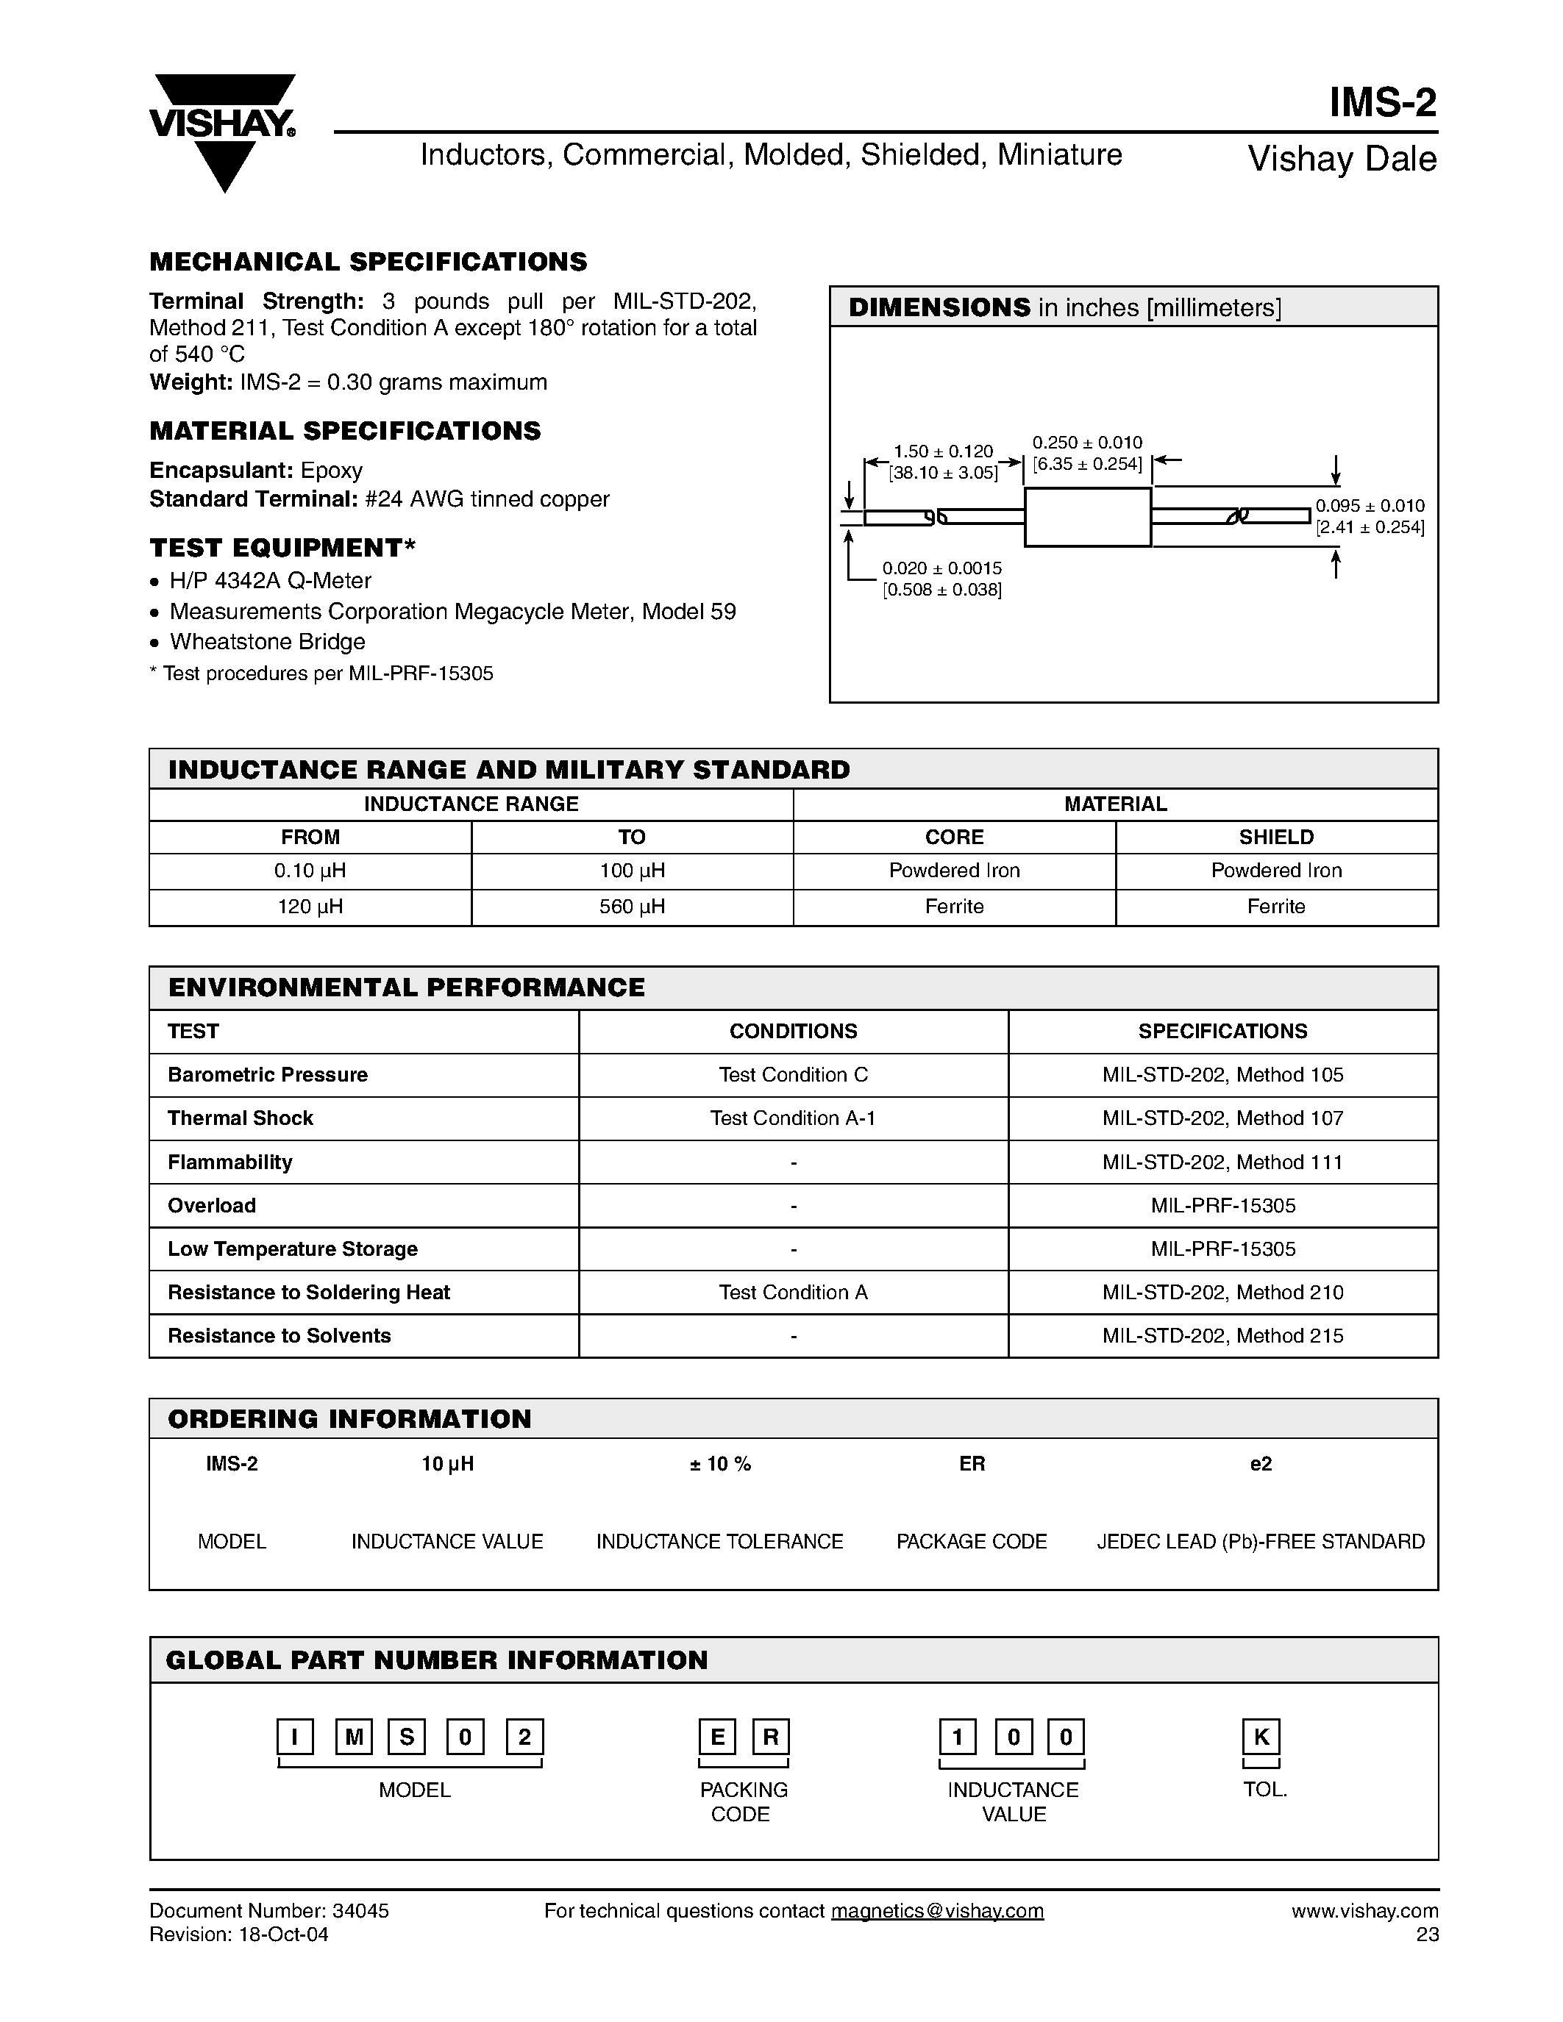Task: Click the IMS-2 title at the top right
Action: click(x=1383, y=103)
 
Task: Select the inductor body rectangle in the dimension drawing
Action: click(x=1087, y=517)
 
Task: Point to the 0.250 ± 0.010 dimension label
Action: click(x=1087, y=443)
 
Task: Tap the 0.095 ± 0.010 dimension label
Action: click(x=1370, y=507)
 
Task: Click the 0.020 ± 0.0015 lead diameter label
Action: click(x=941, y=568)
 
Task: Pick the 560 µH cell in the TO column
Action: click(x=632, y=907)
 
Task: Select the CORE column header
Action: click(x=954, y=837)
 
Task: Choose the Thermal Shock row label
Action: click(x=241, y=1118)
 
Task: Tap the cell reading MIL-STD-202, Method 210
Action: click(x=1222, y=1293)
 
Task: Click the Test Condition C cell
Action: click(x=794, y=1075)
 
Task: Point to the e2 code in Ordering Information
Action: click(x=1260, y=1464)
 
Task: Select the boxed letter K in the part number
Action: click(x=1261, y=1737)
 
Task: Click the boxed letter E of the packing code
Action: click(x=716, y=1737)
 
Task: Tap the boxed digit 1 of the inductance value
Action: click(x=958, y=1737)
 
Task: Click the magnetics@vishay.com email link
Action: click(x=937, y=1911)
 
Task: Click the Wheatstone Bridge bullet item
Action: click(x=267, y=642)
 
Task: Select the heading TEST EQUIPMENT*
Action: click(x=282, y=548)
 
